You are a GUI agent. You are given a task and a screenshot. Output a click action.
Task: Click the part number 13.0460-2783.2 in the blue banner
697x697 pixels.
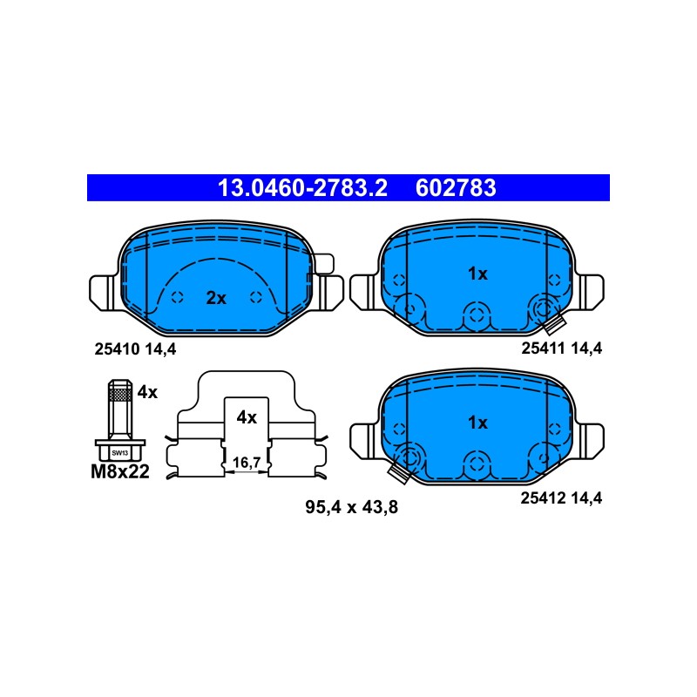tap(302, 188)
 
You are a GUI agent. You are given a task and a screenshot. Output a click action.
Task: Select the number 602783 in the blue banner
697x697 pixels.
tap(456, 188)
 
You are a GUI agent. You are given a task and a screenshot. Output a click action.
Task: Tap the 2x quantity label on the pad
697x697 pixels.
tap(216, 298)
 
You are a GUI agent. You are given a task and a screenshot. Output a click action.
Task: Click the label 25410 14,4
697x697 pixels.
tap(135, 349)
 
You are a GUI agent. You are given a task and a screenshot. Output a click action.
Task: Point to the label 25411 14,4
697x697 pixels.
tap(561, 348)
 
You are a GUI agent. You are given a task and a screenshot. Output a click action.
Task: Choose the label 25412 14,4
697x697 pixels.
tap(561, 498)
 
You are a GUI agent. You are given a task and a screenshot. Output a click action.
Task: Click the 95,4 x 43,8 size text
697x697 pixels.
tap(351, 507)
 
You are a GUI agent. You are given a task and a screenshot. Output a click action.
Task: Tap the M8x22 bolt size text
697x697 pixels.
tap(120, 471)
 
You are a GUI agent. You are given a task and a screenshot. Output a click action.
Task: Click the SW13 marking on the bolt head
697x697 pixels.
tap(120, 453)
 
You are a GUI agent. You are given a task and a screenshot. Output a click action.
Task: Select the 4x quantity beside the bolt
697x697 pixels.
tap(147, 392)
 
